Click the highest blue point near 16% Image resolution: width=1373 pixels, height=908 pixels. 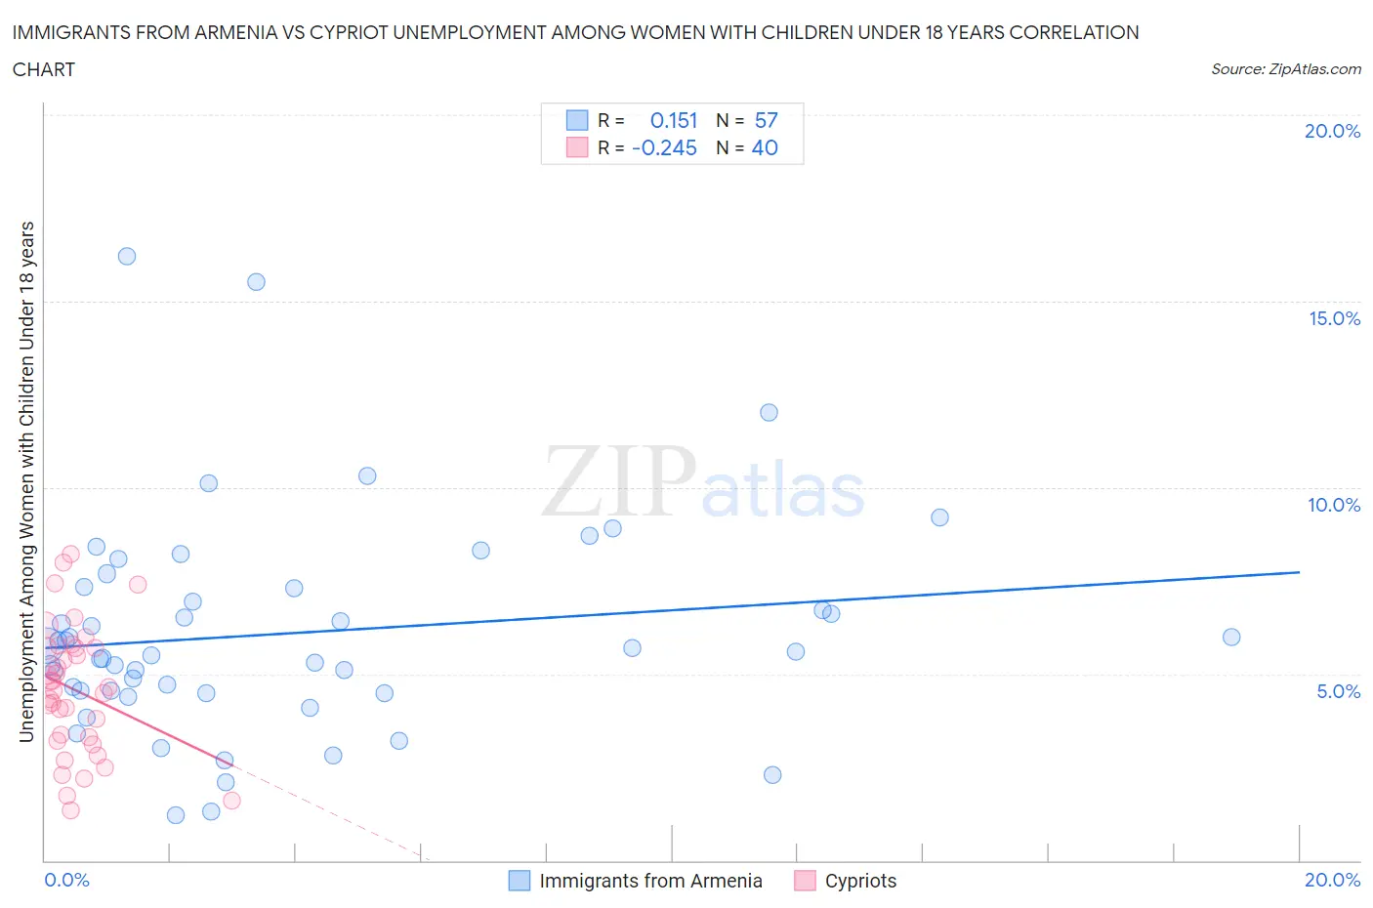point(127,257)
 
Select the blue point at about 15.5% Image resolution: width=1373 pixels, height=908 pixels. point(256,282)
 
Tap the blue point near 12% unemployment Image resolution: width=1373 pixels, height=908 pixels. point(769,413)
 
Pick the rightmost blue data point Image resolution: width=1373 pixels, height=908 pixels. point(1231,638)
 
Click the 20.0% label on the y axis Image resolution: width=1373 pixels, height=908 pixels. point(1332,132)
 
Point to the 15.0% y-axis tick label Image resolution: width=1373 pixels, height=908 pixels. point(1334,319)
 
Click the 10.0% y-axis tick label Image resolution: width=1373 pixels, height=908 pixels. point(1334,506)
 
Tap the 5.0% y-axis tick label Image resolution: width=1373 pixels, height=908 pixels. point(1338,692)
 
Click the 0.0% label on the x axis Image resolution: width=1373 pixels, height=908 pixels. point(67,881)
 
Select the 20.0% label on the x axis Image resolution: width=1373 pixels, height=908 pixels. point(1332,881)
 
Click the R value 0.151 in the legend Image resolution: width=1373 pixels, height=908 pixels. point(674,121)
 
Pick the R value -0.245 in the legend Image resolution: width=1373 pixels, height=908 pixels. point(664,148)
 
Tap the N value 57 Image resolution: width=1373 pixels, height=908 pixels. point(767,121)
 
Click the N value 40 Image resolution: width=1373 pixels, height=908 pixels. point(765,148)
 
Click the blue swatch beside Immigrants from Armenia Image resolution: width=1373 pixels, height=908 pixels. point(520,881)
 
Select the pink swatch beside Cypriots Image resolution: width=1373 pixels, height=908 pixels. point(805,881)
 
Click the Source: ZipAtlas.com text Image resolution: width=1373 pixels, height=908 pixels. point(1285,69)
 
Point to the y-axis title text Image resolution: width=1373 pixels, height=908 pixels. point(27,481)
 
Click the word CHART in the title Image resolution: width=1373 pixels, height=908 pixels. point(44,69)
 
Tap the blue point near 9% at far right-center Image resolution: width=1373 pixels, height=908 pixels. point(939,517)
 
